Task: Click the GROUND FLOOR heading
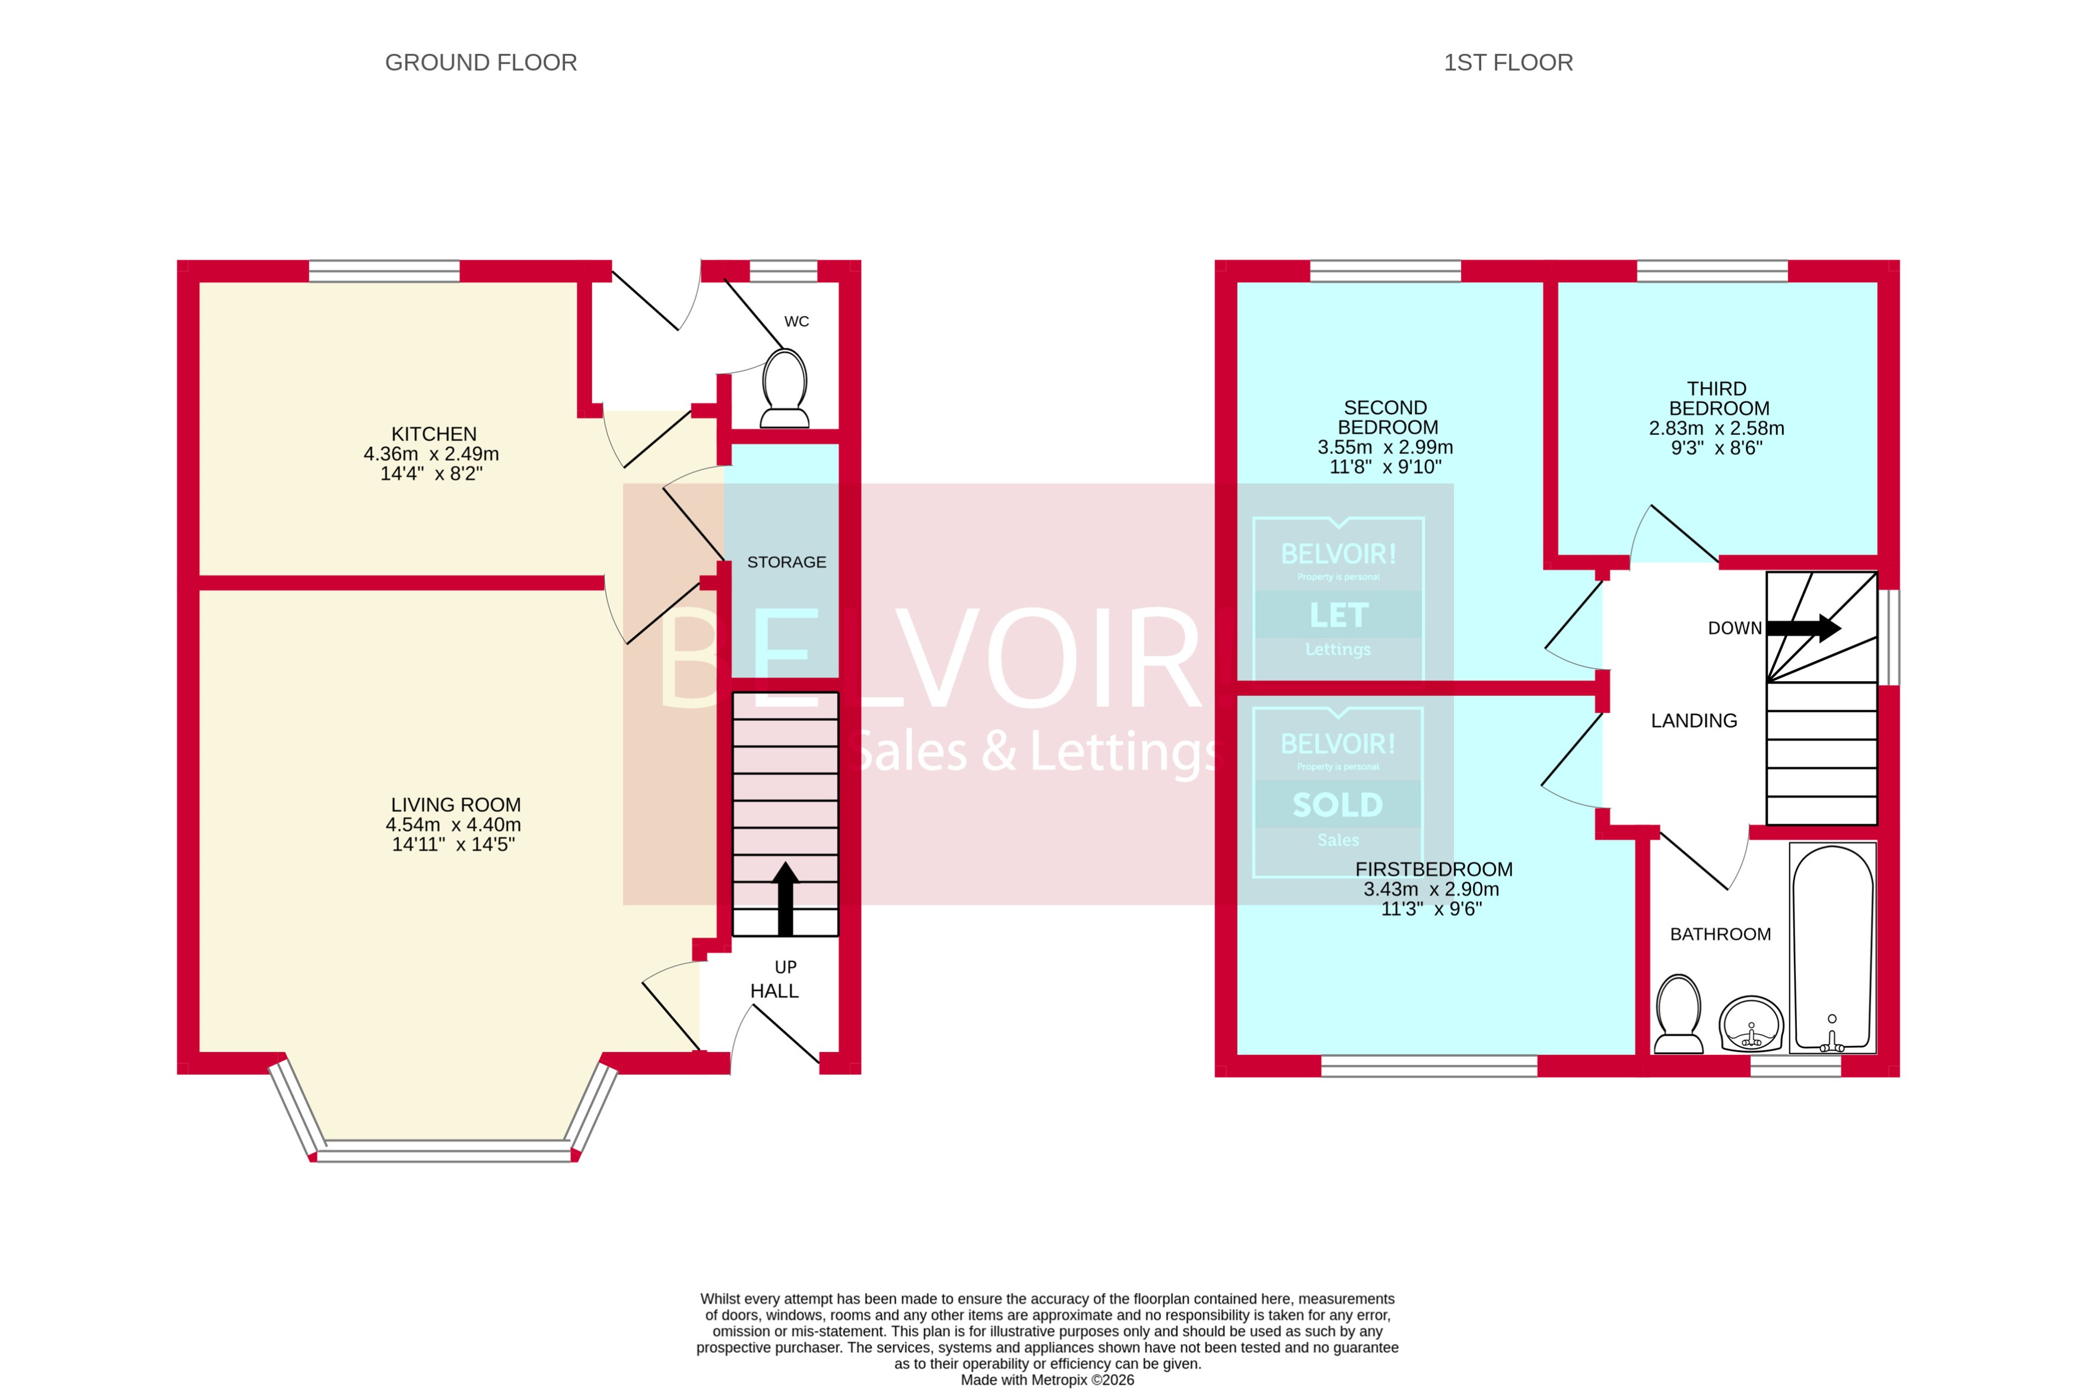pos(480,63)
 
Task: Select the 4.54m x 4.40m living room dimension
pos(453,825)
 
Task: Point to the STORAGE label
pos(786,562)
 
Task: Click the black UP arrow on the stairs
pos(785,898)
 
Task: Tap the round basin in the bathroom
pos(1750,1024)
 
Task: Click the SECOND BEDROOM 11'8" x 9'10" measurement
pos(1384,467)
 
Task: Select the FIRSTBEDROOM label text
pos(1433,869)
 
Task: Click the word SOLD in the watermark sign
pos(1338,805)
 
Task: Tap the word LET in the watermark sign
pos(1338,615)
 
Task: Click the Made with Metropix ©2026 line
pos(1046,1380)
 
